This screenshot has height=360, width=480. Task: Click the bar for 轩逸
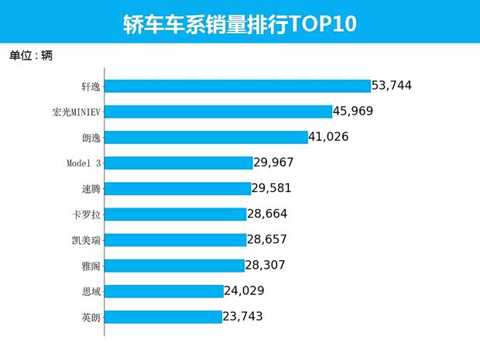coord(237,86)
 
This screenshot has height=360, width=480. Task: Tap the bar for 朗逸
coord(206,137)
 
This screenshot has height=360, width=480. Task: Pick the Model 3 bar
coord(178,163)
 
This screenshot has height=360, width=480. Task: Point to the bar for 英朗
coord(163,317)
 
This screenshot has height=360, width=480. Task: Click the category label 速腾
coord(91,188)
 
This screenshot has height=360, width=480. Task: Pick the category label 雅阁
coord(91,266)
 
